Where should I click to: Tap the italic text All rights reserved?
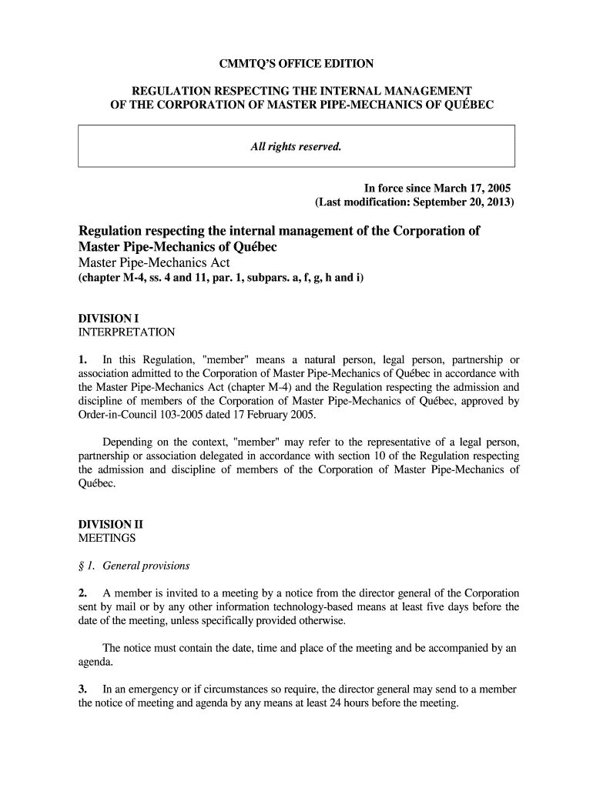tap(296, 146)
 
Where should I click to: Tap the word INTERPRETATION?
tap(127, 332)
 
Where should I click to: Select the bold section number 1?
tap(82, 359)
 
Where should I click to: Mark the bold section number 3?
tap(82, 689)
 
